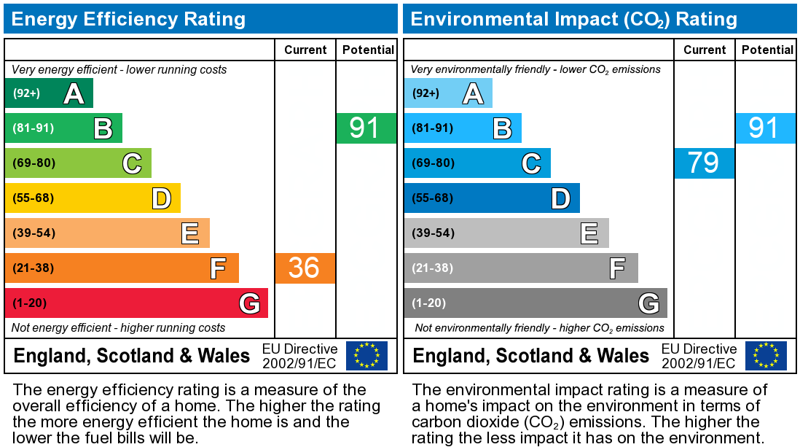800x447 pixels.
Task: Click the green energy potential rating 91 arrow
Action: click(x=366, y=128)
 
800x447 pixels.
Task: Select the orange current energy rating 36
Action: click(x=305, y=268)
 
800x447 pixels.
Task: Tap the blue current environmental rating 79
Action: click(x=704, y=163)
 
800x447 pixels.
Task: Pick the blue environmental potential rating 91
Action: click(x=764, y=128)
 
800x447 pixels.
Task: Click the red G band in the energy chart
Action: click(x=136, y=303)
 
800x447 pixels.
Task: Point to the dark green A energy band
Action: click(x=49, y=93)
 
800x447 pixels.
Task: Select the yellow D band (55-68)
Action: click(x=93, y=198)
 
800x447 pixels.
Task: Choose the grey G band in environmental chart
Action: click(x=535, y=303)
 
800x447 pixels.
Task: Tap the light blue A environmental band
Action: click(x=447, y=93)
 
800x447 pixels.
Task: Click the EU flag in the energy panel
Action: click(x=366, y=355)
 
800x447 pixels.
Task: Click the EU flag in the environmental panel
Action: click(x=765, y=355)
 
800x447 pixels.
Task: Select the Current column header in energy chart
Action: click(x=305, y=50)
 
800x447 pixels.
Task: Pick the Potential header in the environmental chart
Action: click(x=767, y=50)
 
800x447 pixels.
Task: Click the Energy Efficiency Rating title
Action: click(x=129, y=19)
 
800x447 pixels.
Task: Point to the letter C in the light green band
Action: click(x=131, y=163)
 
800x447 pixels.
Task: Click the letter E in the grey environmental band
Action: click(x=589, y=233)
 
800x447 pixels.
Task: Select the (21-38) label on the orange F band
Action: click(x=34, y=268)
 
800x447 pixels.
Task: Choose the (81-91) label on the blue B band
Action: click(x=433, y=128)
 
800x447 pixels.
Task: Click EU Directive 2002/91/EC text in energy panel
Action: click(x=299, y=356)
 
